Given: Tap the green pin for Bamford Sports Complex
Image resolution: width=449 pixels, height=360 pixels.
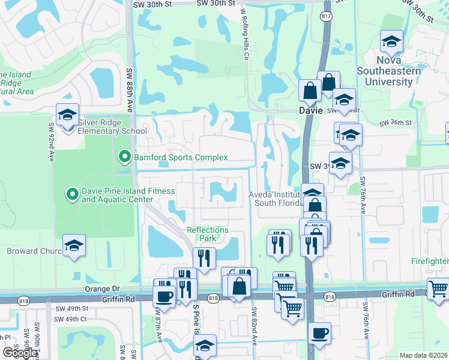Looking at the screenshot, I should (125, 157).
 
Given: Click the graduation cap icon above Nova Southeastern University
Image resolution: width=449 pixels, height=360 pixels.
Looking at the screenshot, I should (391, 41).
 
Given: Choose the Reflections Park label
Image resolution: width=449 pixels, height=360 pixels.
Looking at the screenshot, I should (207, 234).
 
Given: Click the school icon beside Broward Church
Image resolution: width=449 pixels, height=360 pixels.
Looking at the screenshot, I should (74, 245).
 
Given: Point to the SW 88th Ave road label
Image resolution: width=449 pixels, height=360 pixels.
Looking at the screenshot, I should (130, 90).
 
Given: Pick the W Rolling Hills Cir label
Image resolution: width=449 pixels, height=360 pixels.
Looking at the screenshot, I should (244, 34).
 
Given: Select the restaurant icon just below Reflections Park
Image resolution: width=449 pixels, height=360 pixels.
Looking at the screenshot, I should (204, 258).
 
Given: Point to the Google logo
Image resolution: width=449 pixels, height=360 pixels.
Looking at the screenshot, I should (19, 353).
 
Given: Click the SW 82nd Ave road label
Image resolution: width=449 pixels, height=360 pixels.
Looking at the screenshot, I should (255, 327).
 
